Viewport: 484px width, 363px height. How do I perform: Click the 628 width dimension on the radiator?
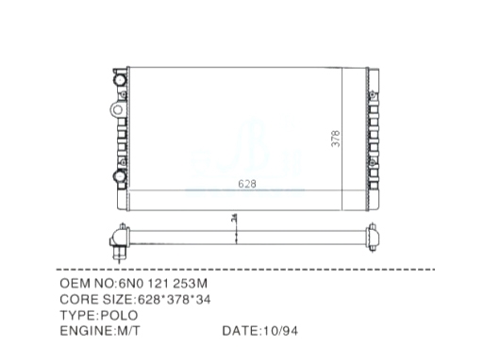coord(247,184)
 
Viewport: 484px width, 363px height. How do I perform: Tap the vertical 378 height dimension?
coord(336,139)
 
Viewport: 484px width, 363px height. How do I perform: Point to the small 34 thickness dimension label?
coord(234,218)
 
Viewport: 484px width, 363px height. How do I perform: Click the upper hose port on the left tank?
coord(120,80)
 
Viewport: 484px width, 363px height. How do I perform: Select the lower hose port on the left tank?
coord(120,176)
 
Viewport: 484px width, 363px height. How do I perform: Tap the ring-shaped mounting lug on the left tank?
coord(117,110)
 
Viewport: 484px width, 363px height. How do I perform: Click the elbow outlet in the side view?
coord(118,243)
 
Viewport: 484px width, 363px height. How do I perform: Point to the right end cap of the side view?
coord(373,238)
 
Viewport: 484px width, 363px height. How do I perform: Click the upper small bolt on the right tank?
coord(373,94)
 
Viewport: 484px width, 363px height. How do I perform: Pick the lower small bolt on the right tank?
coord(373,163)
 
